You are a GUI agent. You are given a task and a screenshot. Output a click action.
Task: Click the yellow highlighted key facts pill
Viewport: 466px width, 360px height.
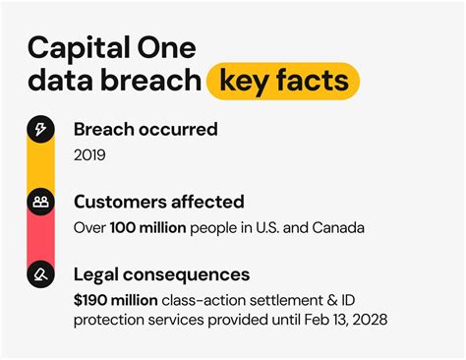click(x=282, y=81)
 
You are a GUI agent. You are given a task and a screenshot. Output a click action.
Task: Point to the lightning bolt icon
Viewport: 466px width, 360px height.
click(x=40, y=130)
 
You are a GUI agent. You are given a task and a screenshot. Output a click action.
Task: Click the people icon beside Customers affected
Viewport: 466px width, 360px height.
click(x=40, y=202)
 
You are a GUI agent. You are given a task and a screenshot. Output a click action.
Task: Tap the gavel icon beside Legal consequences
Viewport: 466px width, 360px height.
click(x=40, y=274)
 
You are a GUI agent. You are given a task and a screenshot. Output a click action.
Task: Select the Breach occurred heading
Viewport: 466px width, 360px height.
click(x=146, y=130)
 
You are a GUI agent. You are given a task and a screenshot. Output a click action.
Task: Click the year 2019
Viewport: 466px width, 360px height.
click(x=90, y=154)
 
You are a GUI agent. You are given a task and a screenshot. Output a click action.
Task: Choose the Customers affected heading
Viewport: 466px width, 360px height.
click(x=158, y=202)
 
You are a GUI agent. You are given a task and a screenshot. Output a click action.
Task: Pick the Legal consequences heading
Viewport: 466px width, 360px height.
click(x=161, y=274)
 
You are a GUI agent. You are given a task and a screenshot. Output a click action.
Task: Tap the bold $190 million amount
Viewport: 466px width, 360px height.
click(x=112, y=299)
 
